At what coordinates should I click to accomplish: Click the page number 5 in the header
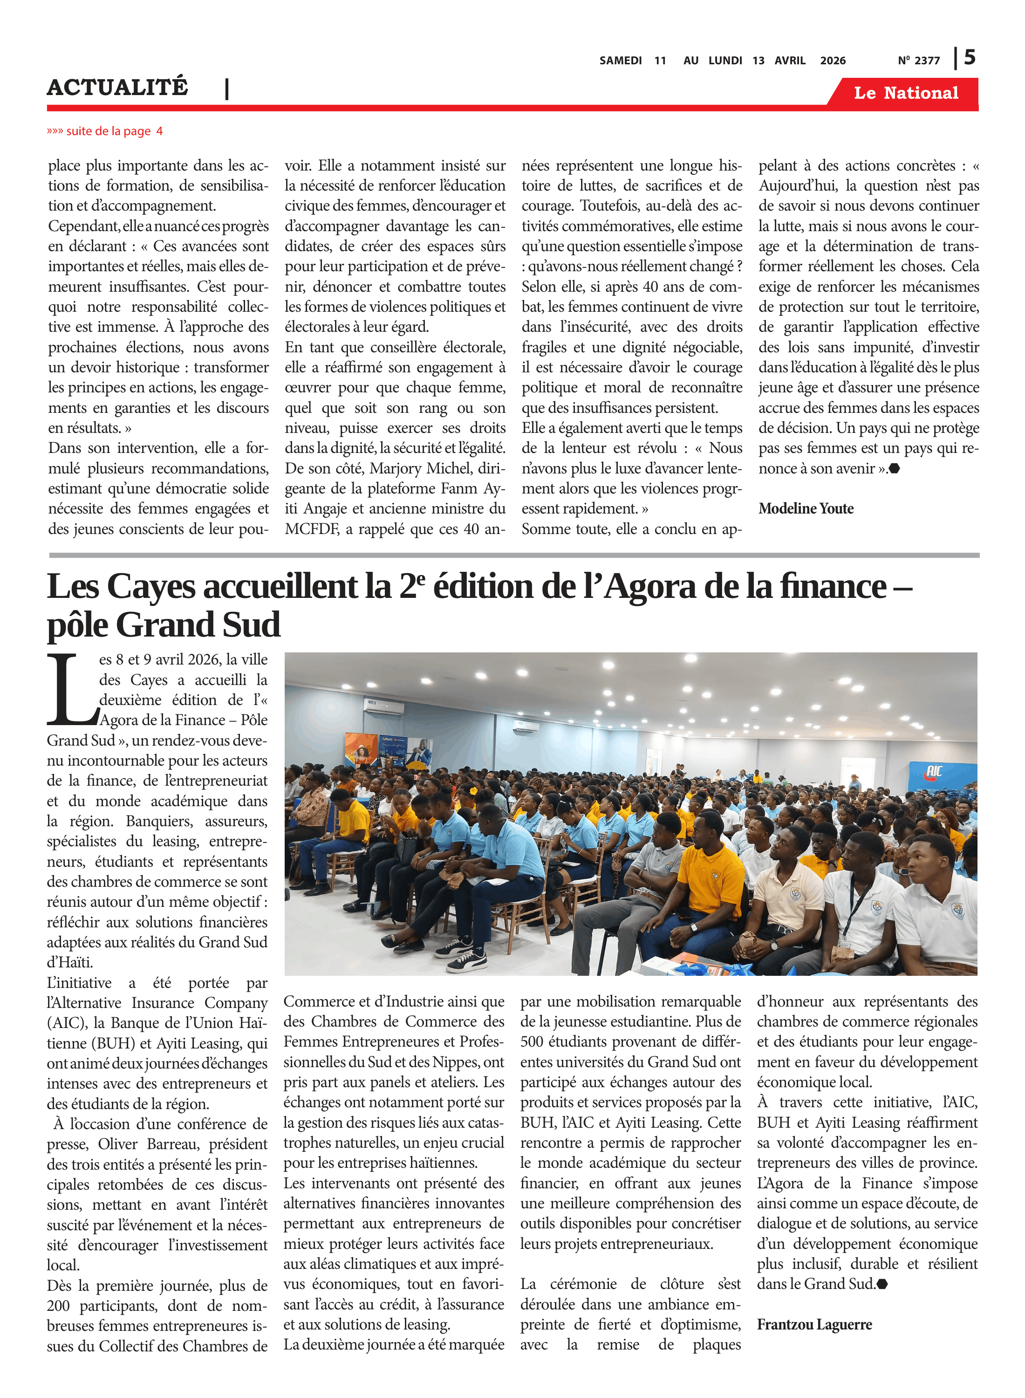pyautogui.click(x=969, y=58)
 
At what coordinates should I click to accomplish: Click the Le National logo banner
pyautogui.click(x=905, y=93)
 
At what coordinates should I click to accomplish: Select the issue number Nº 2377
pyautogui.click(x=918, y=61)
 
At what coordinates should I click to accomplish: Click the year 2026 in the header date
pyautogui.click(x=832, y=61)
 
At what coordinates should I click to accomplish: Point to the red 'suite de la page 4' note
pyautogui.click(x=105, y=131)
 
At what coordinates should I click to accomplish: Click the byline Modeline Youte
pyautogui.click(x=806, y=509)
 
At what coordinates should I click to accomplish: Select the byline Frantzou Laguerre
pyautogui.click(x=813, y=1325)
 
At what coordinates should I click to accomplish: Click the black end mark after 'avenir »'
pyautogui.click(x=894, y=468)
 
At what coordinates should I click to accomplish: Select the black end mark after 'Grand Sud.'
pyautogui.click(x=882, y=1284)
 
